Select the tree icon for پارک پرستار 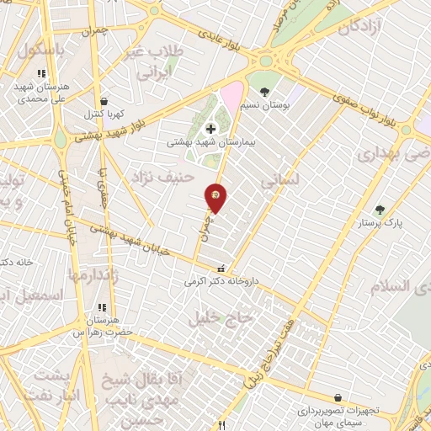pos(380,209)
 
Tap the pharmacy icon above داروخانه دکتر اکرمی pos(221,269)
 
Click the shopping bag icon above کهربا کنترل pos(103,100)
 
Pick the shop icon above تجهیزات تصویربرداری pos(338,397)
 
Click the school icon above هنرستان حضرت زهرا pos(102,308)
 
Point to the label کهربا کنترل pos(103,113)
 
